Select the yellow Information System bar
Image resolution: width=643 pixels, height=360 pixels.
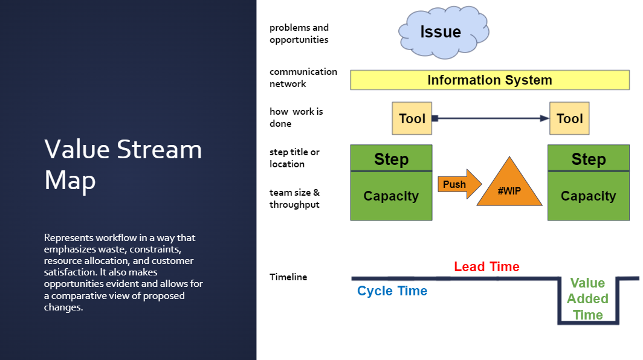click(x=490, y=80)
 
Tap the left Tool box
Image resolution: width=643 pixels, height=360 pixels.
click(x=412, y=118)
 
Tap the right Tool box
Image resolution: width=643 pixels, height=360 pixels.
click(x=569, y=118)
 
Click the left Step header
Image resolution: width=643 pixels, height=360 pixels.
click(x=391, y=159)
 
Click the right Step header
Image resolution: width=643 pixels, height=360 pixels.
click(x=588, y=159)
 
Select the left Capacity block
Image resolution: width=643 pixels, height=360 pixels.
click(x=391, y=196)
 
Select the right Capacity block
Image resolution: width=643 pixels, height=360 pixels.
click(x=588, y=196)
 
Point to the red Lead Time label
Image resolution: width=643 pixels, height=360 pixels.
click(x=486, y=266)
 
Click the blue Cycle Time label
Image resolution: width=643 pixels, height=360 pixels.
click(x=392, y=291)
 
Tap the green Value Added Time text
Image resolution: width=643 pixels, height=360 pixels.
click(x=588, y=299)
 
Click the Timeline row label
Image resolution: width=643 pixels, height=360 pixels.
click(x=288, y=277)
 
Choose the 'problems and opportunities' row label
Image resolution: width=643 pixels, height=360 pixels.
click(x=299, y=34)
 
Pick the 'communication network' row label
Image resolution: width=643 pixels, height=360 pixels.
click(x=303, y=78)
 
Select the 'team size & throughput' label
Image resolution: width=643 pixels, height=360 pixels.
click(x=296, y=199)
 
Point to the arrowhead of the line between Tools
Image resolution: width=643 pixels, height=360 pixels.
click(x=544, y=118)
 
